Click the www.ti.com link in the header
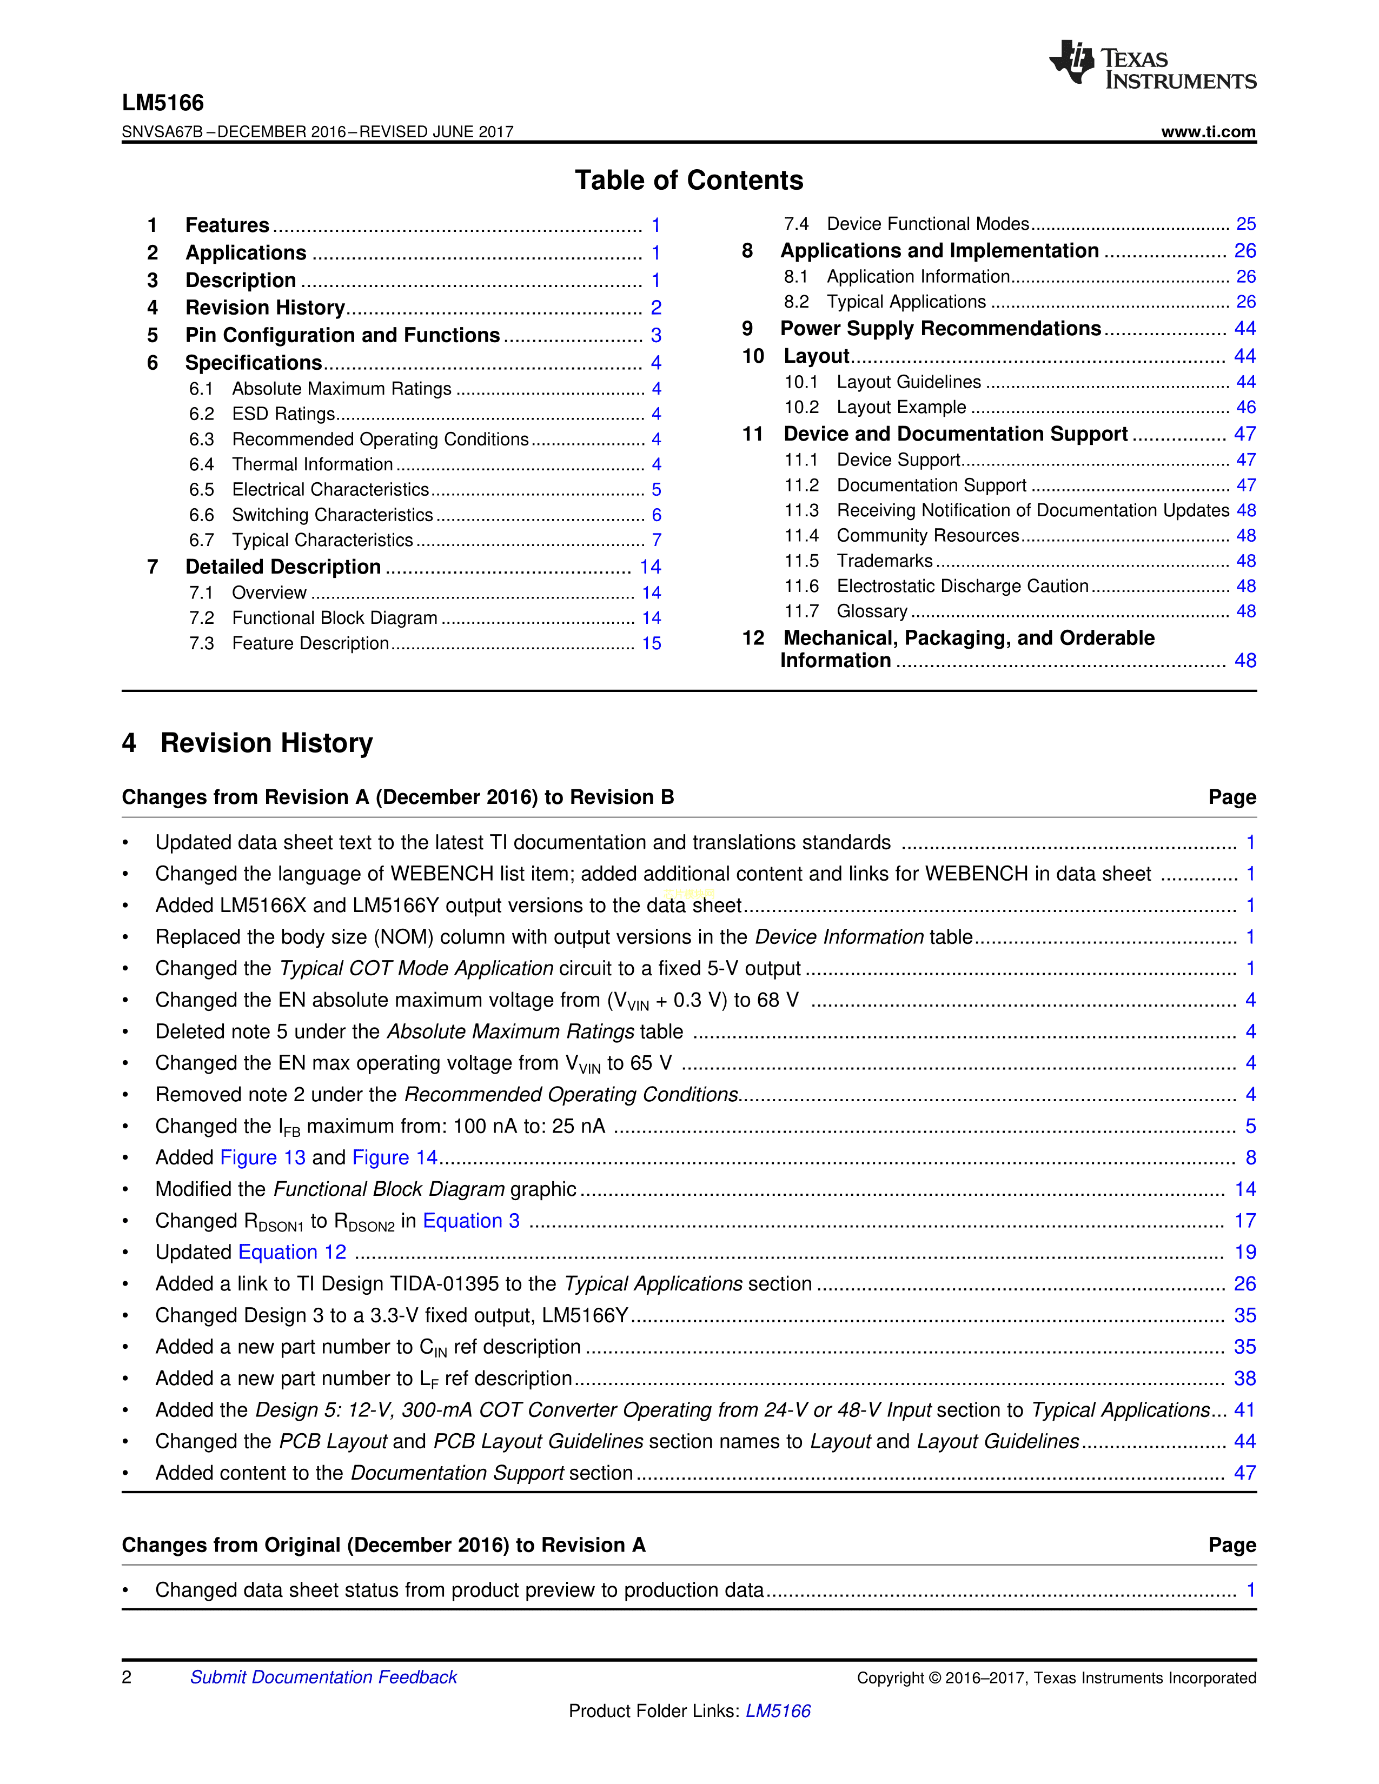(1208, 131)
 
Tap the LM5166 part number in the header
(163, 103)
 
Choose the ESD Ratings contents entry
(283, 414)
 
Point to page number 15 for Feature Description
(651, 644)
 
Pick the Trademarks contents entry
(884, 561)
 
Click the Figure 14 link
(395, 1157)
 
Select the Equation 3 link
(470, 1220)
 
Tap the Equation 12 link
(291, 1252)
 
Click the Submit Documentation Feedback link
(323, 1677)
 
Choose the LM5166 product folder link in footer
(778, 1710)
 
